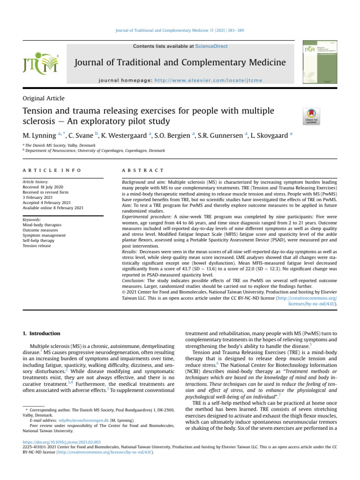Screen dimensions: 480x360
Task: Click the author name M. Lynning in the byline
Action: pyautogui.click(x=40, y=135)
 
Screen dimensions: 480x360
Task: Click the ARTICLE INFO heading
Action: pyautogui.click(x=52, y=170)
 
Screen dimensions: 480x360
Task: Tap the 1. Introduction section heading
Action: pyautogui.click(x=41, y=333)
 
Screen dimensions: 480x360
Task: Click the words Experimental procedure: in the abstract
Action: pyautogui.click(x=143, y=217)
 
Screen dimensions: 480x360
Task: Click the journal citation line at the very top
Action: pyautogui.click(x=180, y=30)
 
